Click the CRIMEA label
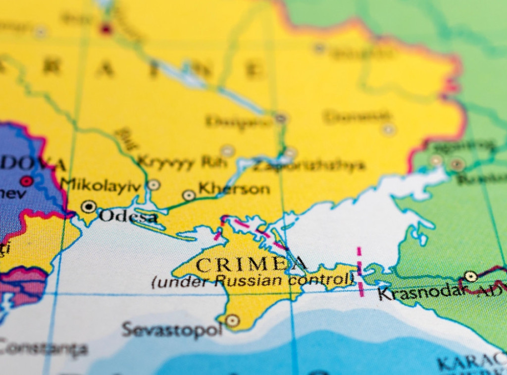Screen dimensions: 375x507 252,265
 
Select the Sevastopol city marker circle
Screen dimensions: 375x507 232,321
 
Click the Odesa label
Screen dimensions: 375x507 128,217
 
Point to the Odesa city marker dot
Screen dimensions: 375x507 89,206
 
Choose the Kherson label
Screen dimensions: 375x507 234,189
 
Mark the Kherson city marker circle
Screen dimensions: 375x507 189,195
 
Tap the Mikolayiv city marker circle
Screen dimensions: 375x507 154,185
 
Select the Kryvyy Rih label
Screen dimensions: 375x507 178,162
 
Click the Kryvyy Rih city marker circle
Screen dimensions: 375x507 227,151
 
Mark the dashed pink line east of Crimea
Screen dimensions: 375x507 360,273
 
